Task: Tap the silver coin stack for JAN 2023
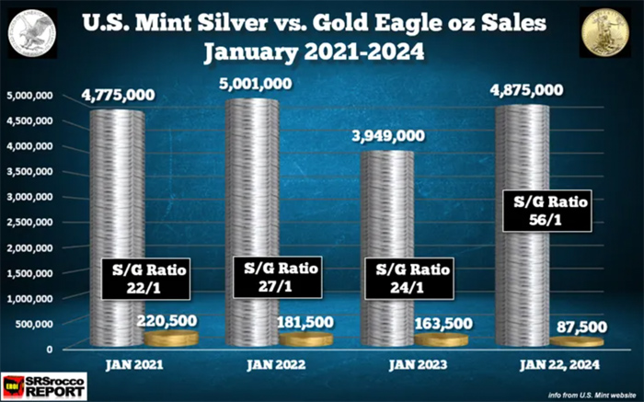pyautogui.click(x=387, y=212)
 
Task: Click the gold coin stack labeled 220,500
pyautogui.click(x=170, y=339)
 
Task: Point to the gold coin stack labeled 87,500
pyautogui.click(x=577, y=341)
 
